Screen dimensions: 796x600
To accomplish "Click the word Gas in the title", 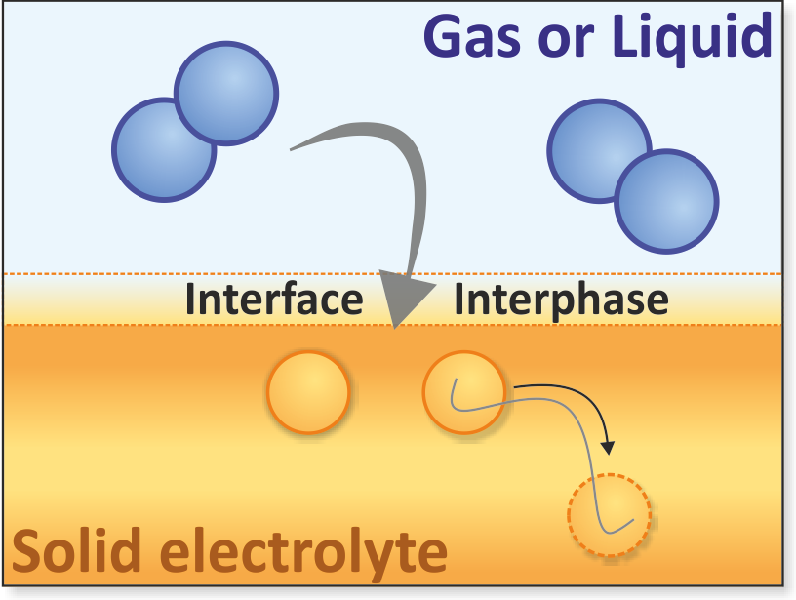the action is [472, 37].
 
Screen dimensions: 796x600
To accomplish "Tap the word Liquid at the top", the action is [693, 36].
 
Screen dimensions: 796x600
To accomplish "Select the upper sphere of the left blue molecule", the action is [226, 94].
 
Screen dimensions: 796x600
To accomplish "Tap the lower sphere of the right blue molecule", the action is [666, 201].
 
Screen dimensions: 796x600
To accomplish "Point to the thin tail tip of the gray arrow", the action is [291, 149].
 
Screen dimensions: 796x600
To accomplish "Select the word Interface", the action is [274, 299].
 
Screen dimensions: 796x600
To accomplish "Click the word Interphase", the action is [561, 300].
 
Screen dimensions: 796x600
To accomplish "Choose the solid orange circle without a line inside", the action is [308, 392].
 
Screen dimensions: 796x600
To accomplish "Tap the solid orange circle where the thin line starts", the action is [464, 392].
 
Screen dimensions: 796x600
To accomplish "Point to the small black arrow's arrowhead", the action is [608, 447].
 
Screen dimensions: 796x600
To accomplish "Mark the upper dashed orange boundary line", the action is [393, 274].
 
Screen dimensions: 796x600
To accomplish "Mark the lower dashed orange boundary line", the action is [393, 324].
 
